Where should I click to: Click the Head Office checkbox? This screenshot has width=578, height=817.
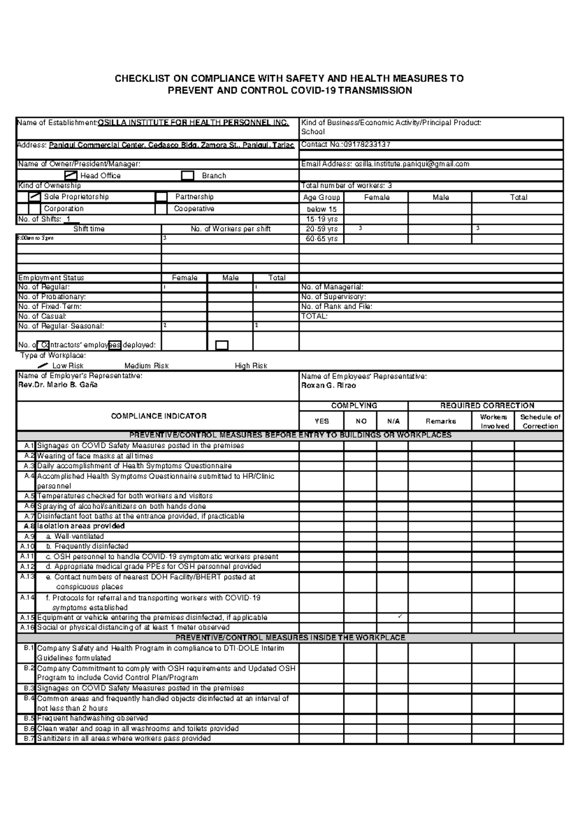(71, 175)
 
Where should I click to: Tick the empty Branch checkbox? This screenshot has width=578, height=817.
(187, 176)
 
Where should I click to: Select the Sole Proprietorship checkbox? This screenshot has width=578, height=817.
(35, 197)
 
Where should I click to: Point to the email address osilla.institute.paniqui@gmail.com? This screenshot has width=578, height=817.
(412, 164)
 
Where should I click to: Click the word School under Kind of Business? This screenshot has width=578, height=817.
(313, 132)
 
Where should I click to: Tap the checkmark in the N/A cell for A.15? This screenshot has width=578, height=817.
(400, 617)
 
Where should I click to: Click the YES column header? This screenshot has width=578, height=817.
(321, 421)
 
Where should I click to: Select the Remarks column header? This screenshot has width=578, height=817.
(440, 421)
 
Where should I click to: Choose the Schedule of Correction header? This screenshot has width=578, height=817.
(540, 421)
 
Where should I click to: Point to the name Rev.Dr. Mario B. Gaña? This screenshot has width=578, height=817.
(58, 384)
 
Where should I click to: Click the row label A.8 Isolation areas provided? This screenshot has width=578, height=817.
(80, 526)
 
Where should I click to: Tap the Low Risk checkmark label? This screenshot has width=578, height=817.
(67, 366)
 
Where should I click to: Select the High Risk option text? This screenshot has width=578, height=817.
(250, 366)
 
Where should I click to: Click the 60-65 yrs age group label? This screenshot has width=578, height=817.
(322, 238)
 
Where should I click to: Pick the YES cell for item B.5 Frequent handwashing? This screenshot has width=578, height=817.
(321, 718)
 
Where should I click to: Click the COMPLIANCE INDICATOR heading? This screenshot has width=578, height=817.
(158, 416)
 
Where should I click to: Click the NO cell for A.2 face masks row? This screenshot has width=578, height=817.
(360, 456)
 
